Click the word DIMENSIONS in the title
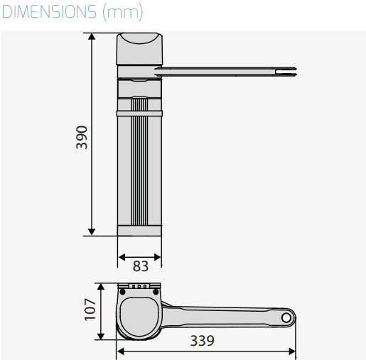pos(49,11)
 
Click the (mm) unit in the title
pos(123,12)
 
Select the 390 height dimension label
pos(82,137)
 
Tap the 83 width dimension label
pos(141,266)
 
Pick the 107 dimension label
pos(90,310)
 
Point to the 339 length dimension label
pos(203,341)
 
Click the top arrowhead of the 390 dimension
pos(92,36)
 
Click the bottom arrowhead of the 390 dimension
pos(92,232)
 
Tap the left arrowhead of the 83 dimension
pos(122,257)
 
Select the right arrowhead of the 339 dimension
pos(292,351)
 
